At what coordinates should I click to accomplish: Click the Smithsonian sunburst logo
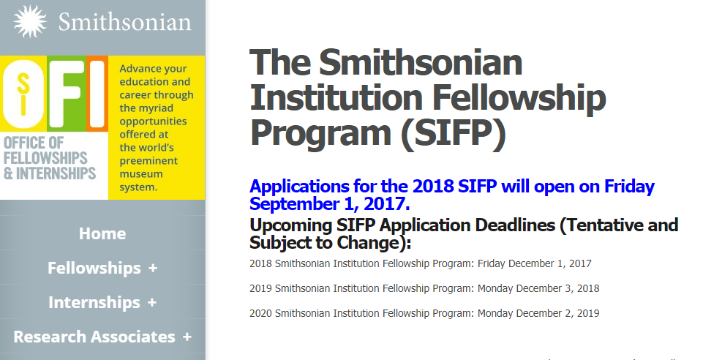[30, 21]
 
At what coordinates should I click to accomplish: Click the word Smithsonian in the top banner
[124, 22]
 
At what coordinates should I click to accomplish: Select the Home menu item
[102, 233]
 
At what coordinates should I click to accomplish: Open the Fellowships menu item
[94, 268]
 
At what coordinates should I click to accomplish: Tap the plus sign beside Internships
[152, 302]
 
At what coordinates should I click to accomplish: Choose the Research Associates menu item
[94, 337]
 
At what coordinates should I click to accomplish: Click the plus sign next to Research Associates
[187, 337]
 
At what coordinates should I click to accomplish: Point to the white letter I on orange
[97, 94]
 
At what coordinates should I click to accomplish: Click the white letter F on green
[66, 94]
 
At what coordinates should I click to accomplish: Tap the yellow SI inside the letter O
[23, 94]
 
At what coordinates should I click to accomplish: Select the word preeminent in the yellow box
[148, 161]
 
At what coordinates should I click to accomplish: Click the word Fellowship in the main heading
[520, 97]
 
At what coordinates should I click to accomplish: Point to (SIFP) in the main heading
[453, 133]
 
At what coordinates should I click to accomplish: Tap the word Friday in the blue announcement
[629, 187]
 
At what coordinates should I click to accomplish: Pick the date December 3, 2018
[557, 288]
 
